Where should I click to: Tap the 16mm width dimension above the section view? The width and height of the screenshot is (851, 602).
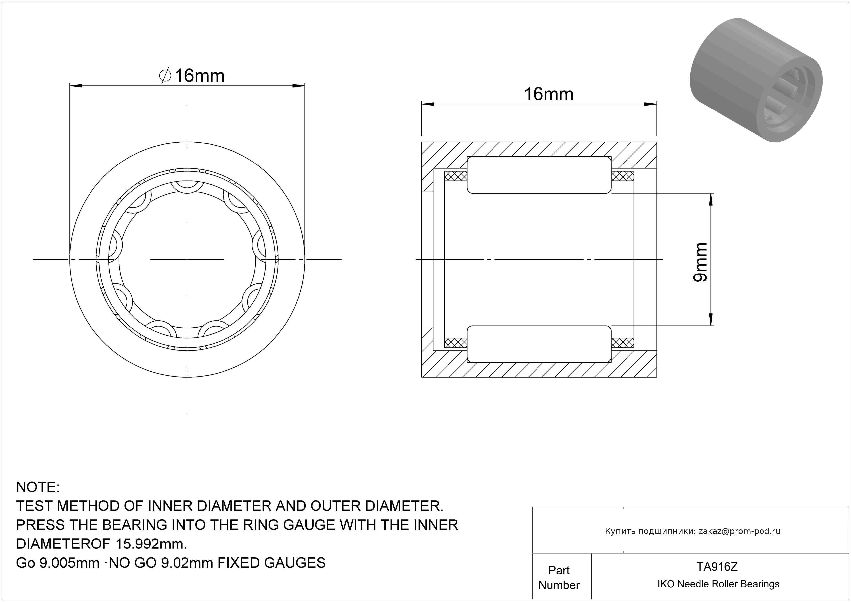(548, 94)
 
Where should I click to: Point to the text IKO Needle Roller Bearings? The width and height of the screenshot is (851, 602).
(718, 584)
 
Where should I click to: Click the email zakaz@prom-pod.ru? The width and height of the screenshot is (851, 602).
(739, 531)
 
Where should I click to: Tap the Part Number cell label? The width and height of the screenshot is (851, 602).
(559, 578)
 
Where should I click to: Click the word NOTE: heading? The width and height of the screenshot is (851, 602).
(38, 487)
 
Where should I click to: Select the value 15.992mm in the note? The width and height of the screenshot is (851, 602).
(151, 544)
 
